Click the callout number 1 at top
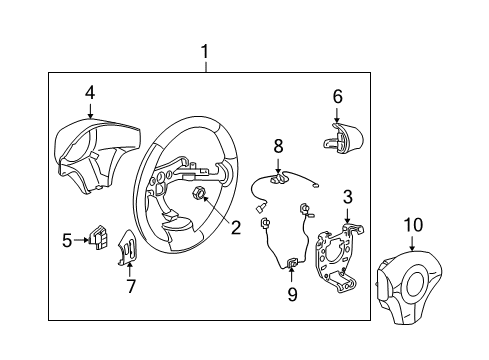[205, 51]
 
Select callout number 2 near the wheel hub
[235, 227]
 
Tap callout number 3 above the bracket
[347, 196]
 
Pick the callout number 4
[90, 93]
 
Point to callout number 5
[67, 240]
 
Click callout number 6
[338, 96]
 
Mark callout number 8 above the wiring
[279, 147]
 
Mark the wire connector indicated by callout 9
[292, 265]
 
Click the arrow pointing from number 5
[83, 240]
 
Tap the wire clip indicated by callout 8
[281, 178]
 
